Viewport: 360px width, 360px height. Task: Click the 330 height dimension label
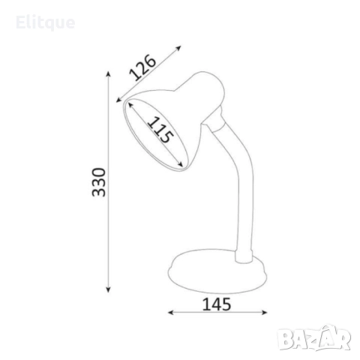(99, 182)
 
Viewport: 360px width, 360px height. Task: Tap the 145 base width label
(217, 304)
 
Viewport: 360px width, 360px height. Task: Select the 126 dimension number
(142, 67)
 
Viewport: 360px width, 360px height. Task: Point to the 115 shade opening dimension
(160, 130)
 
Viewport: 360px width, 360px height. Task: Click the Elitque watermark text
(45, 23)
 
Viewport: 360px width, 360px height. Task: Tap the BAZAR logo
(314, 338)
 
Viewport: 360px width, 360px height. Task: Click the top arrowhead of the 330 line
(108, 74)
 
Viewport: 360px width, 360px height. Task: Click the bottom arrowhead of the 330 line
(108, 289)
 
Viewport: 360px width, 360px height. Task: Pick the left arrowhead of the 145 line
(171, 312)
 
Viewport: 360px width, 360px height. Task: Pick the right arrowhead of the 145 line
(265, 312)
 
